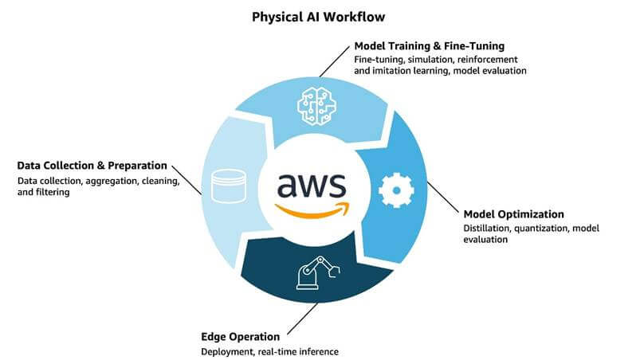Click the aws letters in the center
point(311,185)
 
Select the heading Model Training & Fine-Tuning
point(429,45)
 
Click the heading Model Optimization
point(513,214)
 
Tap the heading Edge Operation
point(239,336)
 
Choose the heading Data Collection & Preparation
point(92,166)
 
